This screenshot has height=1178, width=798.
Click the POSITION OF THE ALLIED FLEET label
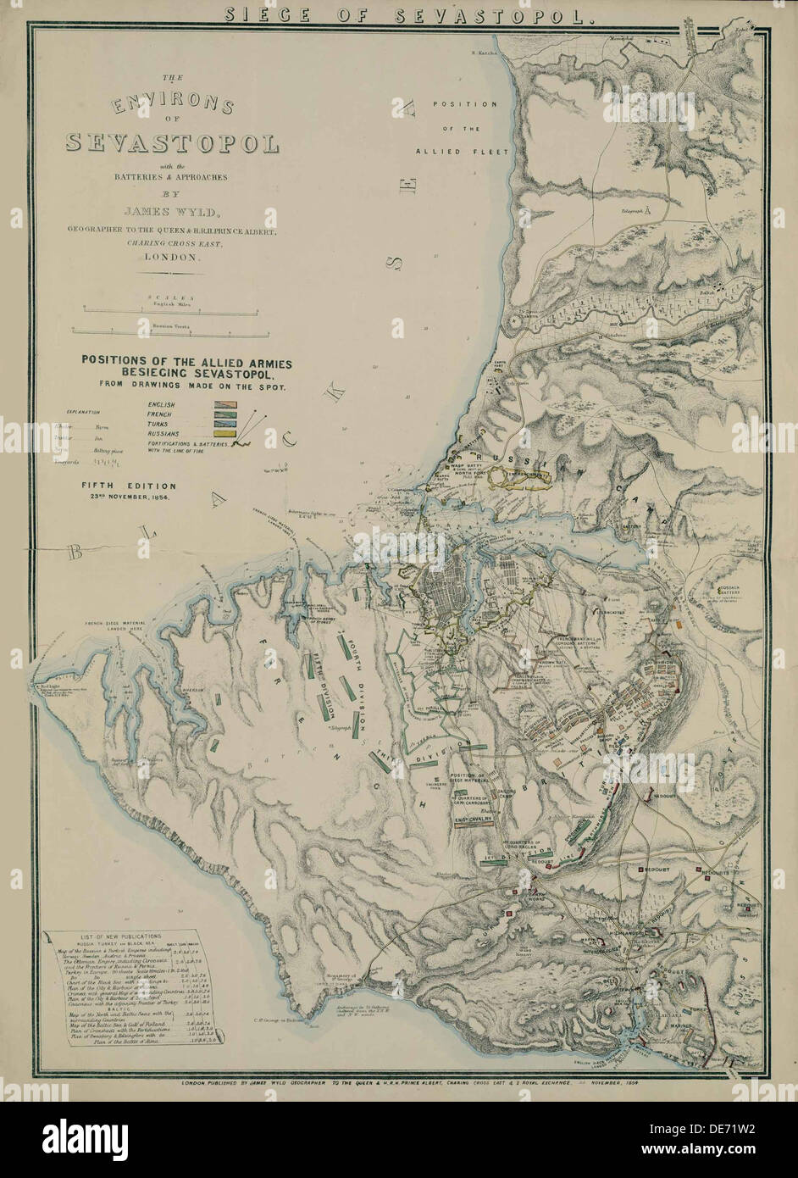pyautogui.click(x=463, y=128)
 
